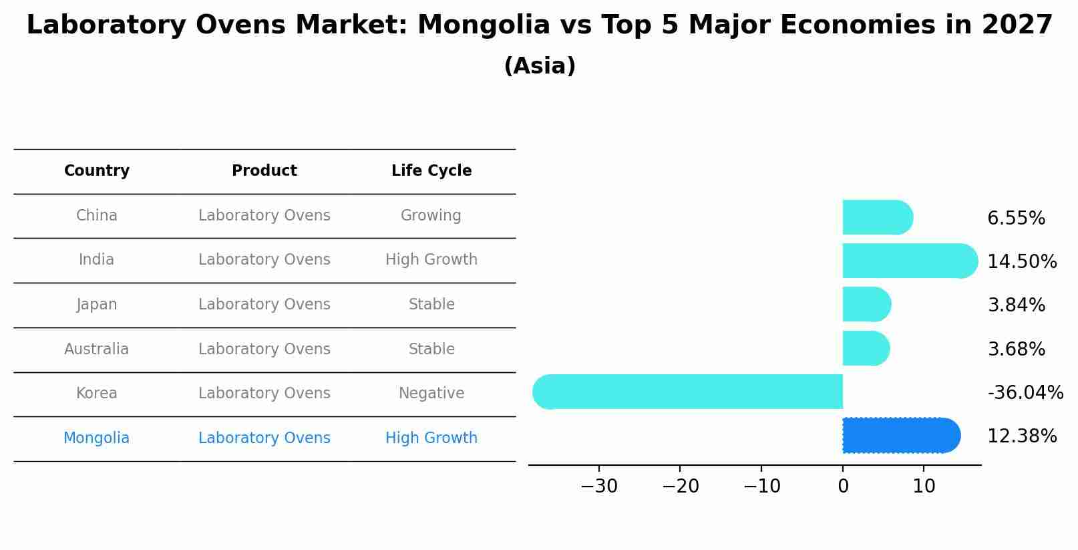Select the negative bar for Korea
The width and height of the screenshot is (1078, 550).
688,392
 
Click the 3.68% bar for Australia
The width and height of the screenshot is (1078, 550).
866,348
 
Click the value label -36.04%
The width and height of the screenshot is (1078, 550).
1025,393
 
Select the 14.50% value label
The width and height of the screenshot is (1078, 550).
1022,262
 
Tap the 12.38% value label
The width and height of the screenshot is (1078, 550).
1022,436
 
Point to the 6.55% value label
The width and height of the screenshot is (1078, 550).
1016,219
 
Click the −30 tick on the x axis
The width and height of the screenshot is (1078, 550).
599,487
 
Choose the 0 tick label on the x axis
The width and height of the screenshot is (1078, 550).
843,487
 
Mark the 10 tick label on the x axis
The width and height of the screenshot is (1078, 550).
924,487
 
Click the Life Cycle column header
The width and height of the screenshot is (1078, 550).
431,171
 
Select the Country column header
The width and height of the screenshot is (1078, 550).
97,171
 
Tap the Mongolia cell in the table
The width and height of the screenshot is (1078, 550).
97,438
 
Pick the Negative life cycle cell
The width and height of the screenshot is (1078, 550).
431,394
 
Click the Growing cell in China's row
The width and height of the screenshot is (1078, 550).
431,216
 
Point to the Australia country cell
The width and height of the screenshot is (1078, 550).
97,350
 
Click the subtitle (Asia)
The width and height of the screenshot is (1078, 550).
540,66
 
